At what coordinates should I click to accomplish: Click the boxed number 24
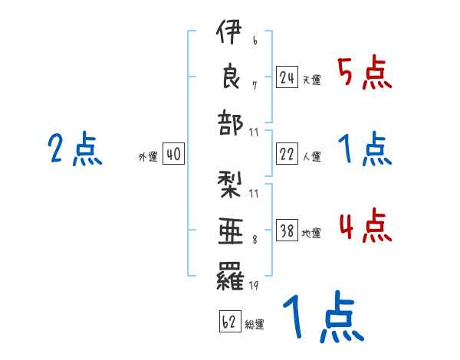click(x=287, y=77)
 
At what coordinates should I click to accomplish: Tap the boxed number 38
click(x=287, y=230)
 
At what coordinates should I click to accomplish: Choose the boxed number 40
click(x=172, y=155)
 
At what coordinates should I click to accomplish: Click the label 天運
click(x=311, y=80)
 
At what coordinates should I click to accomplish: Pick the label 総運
click(x=255, y=324)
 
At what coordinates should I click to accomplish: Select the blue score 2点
click(x=74, y=149)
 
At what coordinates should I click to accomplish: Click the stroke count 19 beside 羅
click(x=254, y=288)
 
